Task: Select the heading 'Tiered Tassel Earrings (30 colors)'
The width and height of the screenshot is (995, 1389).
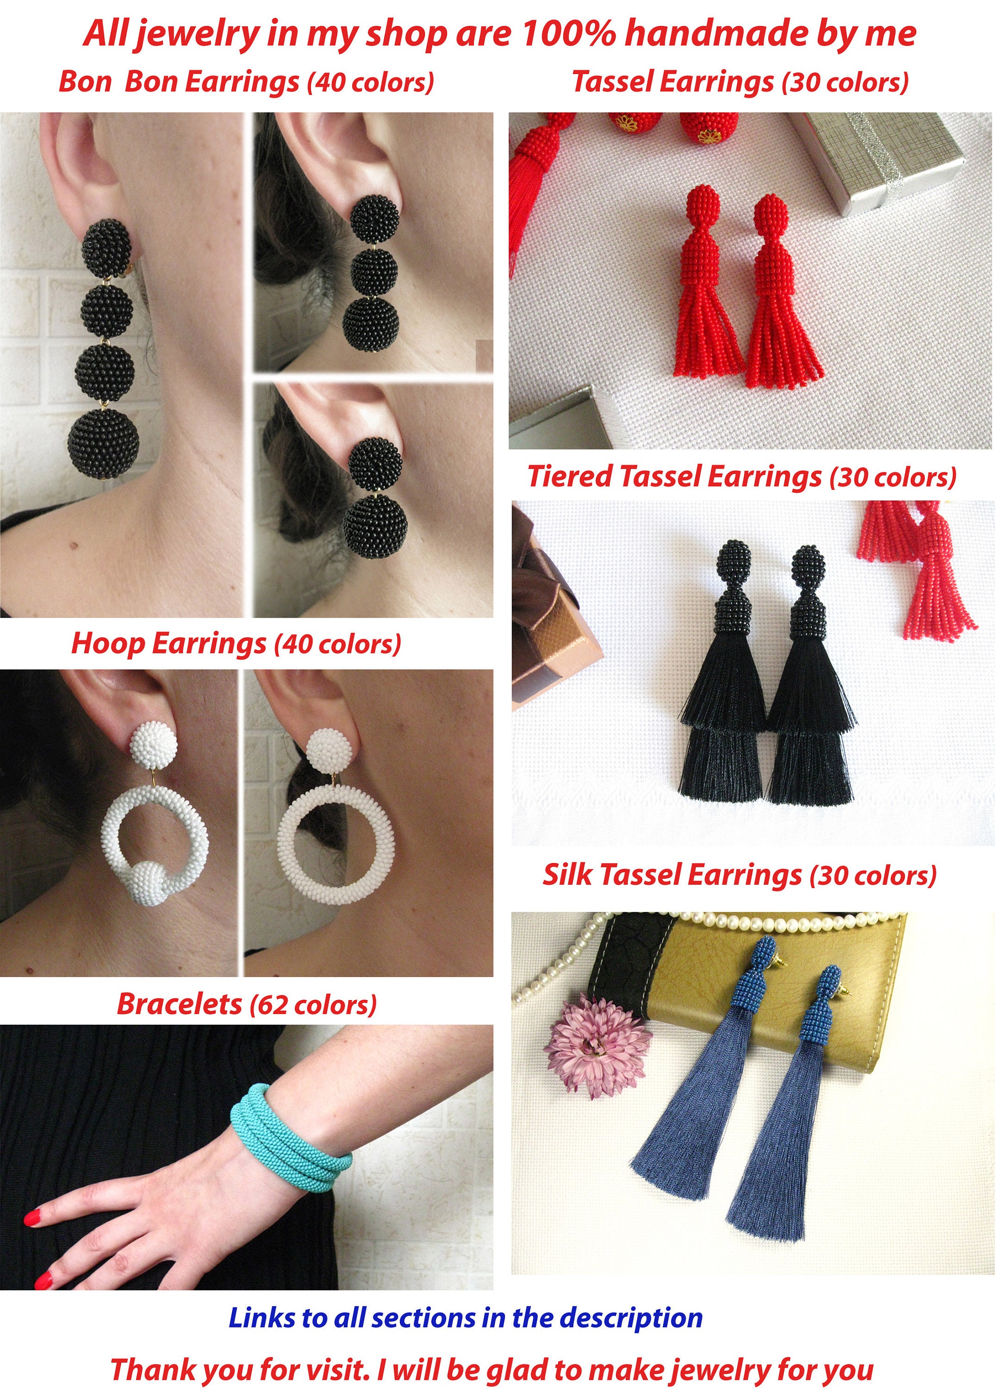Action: click(x=741, y=476)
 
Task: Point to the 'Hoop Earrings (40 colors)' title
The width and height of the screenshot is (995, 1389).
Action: click(x=236, y=644)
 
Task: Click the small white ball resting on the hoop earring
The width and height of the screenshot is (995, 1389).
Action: click(x=149, y=882)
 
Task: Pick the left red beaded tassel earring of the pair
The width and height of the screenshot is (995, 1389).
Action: click(x=704, y=282)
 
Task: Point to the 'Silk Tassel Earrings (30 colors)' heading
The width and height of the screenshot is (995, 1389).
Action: click(x=739, y=875)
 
